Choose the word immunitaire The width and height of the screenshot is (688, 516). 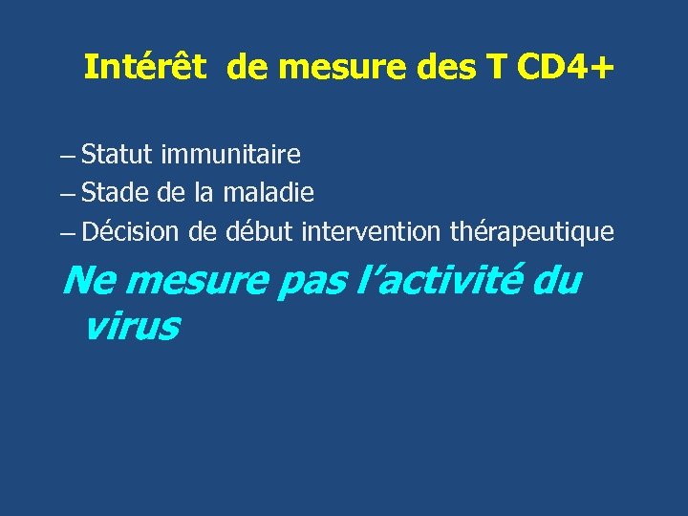coord(230,154)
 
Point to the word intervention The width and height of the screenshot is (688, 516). coord(371,232)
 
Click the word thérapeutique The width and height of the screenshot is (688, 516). coord(531,232)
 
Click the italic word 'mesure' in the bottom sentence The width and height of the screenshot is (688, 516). coord(196,282)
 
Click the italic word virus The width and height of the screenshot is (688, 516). coord(131,327)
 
